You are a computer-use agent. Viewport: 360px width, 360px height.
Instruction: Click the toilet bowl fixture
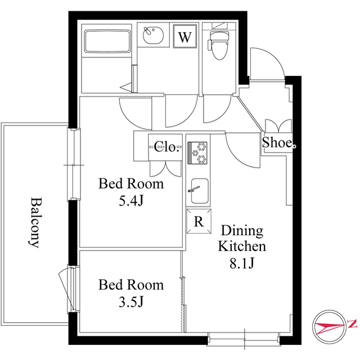[x=219, y=45]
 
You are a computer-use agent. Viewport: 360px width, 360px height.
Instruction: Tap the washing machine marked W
[x=185, y=36]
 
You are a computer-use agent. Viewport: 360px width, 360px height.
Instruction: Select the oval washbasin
[x=153, y=35]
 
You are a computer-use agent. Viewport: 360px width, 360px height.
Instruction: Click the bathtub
[x=107, y=41]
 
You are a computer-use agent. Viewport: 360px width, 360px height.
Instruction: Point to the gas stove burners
[x=197, y=152]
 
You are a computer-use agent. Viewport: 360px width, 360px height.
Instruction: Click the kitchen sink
[x=200, y=191]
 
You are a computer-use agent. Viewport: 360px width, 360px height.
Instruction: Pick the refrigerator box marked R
[x=199, y=221]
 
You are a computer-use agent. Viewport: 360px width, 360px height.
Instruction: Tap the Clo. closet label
[x=166, y=146]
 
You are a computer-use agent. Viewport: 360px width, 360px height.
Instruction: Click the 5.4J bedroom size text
[x=131, y=201]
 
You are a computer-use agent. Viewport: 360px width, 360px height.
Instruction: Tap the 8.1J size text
[x=242, y=263]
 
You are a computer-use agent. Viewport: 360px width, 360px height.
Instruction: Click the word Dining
[x=242, y=231]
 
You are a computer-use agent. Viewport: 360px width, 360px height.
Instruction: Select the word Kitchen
[x=242, y=246]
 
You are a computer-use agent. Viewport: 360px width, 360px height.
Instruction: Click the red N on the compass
[x=353, y=324]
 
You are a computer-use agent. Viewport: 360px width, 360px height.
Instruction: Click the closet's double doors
[x=165, y=169]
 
